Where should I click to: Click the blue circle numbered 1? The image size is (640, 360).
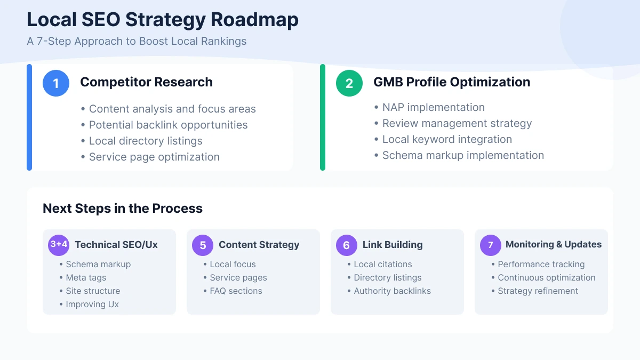[56, 83]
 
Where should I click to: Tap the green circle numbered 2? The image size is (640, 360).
[349, 83]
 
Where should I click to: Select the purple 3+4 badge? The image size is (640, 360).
[59, 245]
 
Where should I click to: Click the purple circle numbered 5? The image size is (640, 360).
[203, 245]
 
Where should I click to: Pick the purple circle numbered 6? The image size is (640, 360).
[347, 245]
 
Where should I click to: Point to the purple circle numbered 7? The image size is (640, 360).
[491, 245]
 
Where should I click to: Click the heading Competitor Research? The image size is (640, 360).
[146, 82]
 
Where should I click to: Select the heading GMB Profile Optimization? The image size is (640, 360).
[452, 82]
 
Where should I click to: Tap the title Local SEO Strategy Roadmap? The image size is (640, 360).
[163, 20]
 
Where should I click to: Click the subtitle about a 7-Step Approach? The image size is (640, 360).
[137, 41]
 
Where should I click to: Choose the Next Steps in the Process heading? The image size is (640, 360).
[123, 208]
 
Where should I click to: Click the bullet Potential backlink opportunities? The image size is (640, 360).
[168, 125]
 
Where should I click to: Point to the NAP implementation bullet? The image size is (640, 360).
[433, 107]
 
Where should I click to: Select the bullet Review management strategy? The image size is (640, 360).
[457, 123]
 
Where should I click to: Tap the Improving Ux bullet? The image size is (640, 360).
[92, 304]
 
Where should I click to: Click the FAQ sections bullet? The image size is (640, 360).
[236, 291]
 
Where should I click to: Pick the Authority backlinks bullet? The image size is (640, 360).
[392, 291]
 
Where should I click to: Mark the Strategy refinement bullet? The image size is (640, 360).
[538, 291]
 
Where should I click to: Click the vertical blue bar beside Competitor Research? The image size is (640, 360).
[29, 117]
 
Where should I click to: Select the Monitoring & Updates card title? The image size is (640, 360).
[553, 244]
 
